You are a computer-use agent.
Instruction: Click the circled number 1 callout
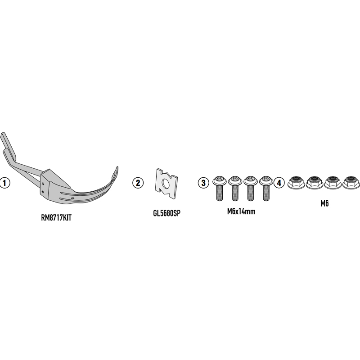click(x=4, y=183)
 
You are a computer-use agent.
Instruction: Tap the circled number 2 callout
click(x=138, y=183)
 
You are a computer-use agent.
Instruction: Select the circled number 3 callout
click(x=203, y=183)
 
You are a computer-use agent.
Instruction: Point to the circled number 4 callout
click(x=279, y=183)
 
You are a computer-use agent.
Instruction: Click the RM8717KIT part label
click(x=56, y=218)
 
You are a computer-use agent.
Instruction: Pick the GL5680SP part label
click(x=166, y=213)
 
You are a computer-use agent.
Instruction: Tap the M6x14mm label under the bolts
click(x=241, y=211)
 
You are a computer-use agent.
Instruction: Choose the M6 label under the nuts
click(x=324, y=203)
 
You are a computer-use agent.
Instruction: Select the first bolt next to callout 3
click(x=220, y=188)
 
